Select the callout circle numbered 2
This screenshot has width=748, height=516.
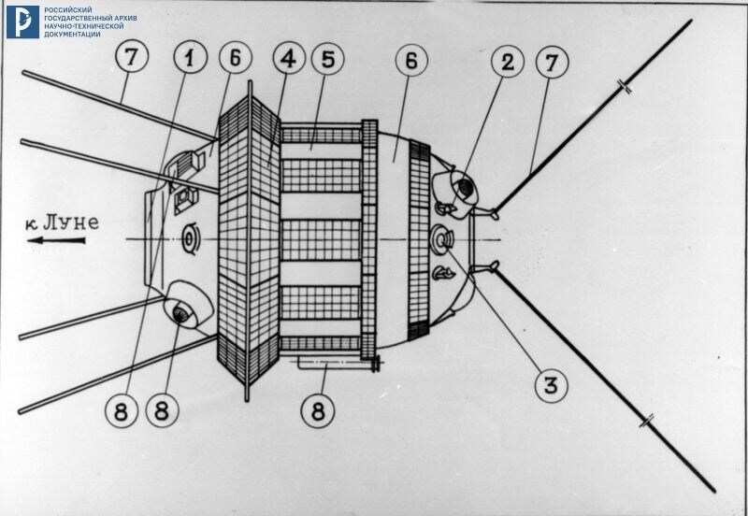pos(506,63)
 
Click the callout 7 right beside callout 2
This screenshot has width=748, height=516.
pos(552,63)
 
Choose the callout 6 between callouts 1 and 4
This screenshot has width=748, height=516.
pos(235,57)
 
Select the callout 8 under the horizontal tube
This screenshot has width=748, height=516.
pos(317,408)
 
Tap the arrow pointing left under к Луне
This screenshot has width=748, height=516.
pos(56,240)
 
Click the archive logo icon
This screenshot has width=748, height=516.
pos(22,21)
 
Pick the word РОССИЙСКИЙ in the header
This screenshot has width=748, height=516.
pos(73,8)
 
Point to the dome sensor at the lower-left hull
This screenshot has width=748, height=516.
pos(182,311)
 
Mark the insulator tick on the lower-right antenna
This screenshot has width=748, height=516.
pos(646,423)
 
